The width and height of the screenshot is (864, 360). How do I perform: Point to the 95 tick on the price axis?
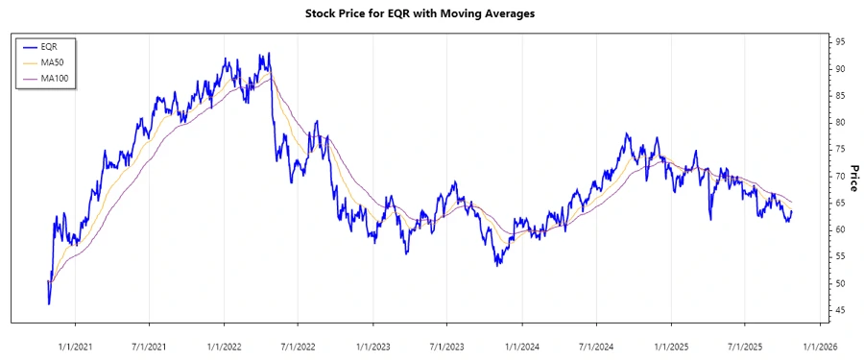coord(839,42)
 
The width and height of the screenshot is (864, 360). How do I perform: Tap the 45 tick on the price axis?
coord(839,310)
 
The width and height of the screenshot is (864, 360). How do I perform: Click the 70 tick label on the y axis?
coord(839,177)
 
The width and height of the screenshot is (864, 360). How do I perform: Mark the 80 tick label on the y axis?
coord(839,123)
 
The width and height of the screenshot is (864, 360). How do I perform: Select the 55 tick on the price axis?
coord(839,256)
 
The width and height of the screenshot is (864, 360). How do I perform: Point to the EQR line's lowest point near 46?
coord(49,303)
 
